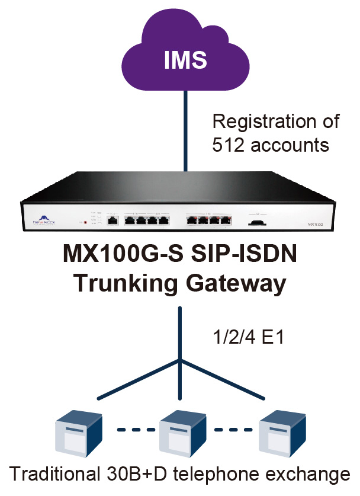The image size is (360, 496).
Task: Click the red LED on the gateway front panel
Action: (88, 223)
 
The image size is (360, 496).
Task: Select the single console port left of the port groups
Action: (113, 221)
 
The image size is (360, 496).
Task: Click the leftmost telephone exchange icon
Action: (79, 432)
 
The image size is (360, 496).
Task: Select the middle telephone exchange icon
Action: (179, 432)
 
